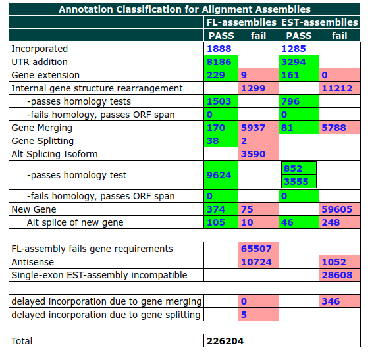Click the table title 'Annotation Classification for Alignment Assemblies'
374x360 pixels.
coord(184,9)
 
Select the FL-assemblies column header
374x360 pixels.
coord(241,22)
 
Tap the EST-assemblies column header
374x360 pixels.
coord(319,22)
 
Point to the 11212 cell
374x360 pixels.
coord(336,88)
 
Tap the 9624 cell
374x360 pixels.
coord(219,176)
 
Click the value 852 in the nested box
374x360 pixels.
coord(293,169)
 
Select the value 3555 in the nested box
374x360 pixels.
coord(296,182)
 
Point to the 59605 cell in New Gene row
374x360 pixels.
coord(336,209)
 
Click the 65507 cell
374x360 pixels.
coord(256,249)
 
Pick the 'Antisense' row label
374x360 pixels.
coord(33,262)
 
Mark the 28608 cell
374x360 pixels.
coord(336,275)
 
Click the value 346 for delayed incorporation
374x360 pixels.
coord(331,301)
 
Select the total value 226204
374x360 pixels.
coord(225,341)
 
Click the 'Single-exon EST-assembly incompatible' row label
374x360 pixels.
coord(99,275)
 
